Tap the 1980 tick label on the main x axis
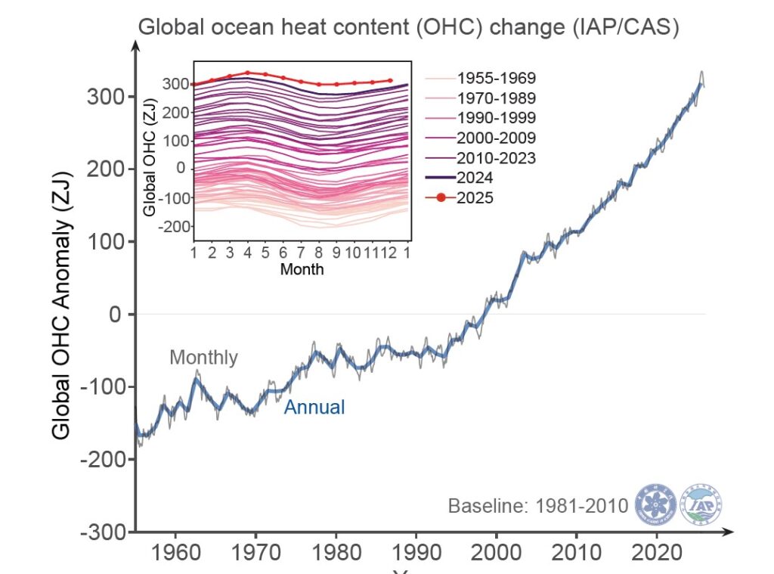coord(336,550)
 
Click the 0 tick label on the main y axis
coord(115,314)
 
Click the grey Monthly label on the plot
coord(203,357)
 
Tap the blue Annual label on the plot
coord(314,407)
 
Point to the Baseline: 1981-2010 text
coord(538,505)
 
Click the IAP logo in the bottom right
coord(701,503)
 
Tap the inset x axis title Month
coord(302,268)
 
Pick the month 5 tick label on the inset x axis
coord(265,252)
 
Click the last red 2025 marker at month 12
coord(391,80)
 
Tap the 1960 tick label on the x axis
coord(175,550)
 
